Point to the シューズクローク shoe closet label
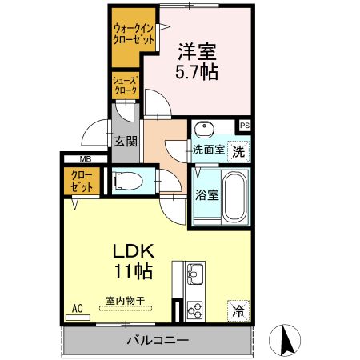(x=126, y=85)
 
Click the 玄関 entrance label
(x=126, y=142)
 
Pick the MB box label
(x=85, y=158)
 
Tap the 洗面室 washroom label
(x=208, y=150)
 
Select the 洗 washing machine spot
(x=238, y=149)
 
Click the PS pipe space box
(x=244, y=126)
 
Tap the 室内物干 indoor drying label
(x=126, y=301)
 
